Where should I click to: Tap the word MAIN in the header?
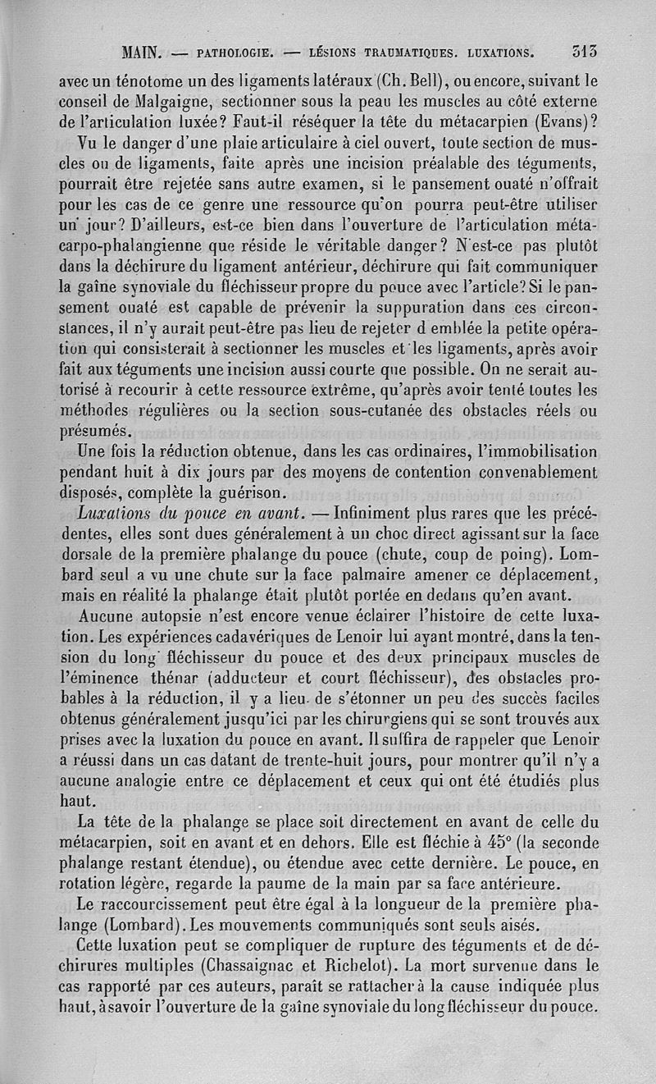141,55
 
